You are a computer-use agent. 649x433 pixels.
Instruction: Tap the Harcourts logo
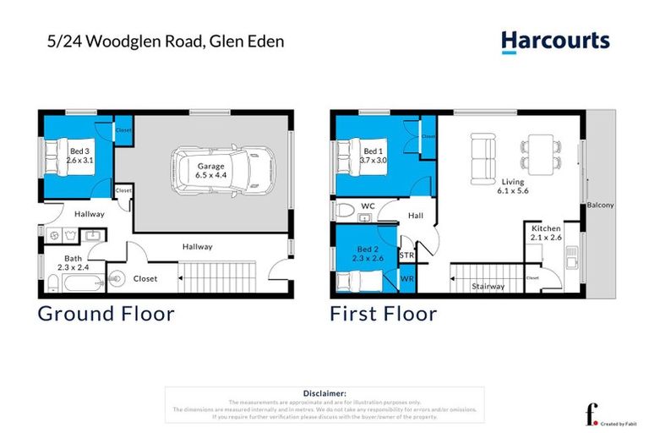(554, 41)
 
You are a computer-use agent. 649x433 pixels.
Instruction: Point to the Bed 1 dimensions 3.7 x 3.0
(373, 160)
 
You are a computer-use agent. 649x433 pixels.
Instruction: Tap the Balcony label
(601, 206)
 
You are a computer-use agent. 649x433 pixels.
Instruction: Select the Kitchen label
(547, 228)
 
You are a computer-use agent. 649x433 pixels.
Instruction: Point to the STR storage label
(406, 255)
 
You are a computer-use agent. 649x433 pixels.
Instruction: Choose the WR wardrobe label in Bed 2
(406, 278)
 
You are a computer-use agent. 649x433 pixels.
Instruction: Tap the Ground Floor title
(106, 315)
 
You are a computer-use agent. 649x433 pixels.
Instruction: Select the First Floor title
(384, 315)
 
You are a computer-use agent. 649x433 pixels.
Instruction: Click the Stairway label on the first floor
(488, 286)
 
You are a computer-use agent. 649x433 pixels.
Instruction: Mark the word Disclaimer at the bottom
(324, 393)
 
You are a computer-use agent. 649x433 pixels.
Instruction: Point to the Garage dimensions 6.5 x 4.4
(211, 175)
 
